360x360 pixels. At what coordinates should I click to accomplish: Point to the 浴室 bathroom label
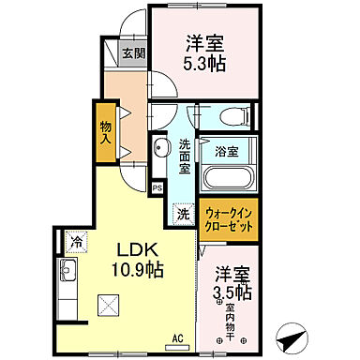pyautogui.click(x=225, y=150)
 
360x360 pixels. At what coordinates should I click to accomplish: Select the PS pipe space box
pyautogui.click(x=157, y=187)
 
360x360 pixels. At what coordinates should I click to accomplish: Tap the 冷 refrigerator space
pyautogui.click(x=76, y=242)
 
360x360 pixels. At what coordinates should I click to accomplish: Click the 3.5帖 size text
pyautogui.click(x=233, y=292)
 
